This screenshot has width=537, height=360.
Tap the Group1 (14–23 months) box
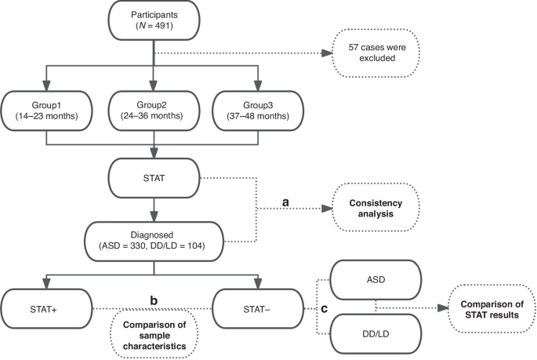[46, 111]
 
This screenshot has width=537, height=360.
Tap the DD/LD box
[376, 335]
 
